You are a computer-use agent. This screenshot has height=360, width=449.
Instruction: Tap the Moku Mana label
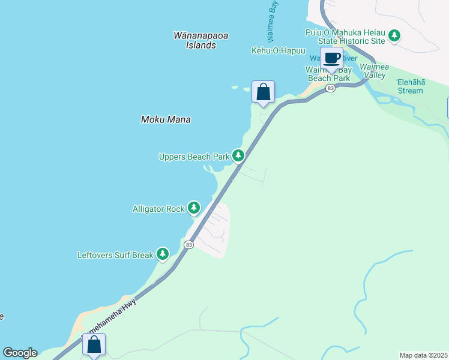pyautogui.click(x=166, y=119)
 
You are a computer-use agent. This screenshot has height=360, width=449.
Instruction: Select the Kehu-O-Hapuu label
pyautogui.click(x=278, y=51)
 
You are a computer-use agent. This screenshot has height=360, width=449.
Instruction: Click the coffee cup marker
pyautogui.click(x=331, y=58)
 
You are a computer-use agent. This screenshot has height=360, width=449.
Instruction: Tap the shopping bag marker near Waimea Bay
pyautogui.click(x=263, y=92)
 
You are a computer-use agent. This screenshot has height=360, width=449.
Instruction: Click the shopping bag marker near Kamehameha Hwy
pyautogui.click(x=94, y=344)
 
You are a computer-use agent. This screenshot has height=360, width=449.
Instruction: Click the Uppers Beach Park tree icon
pyautogui.click(x=238, y=156)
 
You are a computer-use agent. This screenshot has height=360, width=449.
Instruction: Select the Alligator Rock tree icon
pyautogui.click(x=193, y=208)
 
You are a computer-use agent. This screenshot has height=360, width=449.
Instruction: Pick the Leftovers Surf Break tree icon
pyautogui.click(x=163, y=254)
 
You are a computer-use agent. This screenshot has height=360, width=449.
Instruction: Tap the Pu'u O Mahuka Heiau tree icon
pyautogui.click(x=394, y=36)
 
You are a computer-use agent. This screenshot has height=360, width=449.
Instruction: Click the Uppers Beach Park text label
pyautogui.click(x=194, y=157)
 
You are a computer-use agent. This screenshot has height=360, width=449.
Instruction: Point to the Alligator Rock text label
pyautogui.click(x=158, y=209)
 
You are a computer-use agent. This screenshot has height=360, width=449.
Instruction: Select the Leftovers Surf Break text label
pyautogui.click(x=115, y=255)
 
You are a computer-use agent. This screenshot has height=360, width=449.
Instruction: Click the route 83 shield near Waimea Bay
pyautogui.click(x=330, y=88)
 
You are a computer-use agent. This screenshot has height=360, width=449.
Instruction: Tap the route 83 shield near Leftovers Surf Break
pyautogui.click(x=189, y=245)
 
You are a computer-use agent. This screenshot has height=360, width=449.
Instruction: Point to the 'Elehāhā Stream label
pyautogui.click(x=410, y=86)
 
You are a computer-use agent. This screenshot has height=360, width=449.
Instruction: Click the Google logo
pyautogui.click(x=20, y=353)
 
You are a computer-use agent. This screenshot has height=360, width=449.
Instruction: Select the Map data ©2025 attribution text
pyautogui.click(x=424, y=355)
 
